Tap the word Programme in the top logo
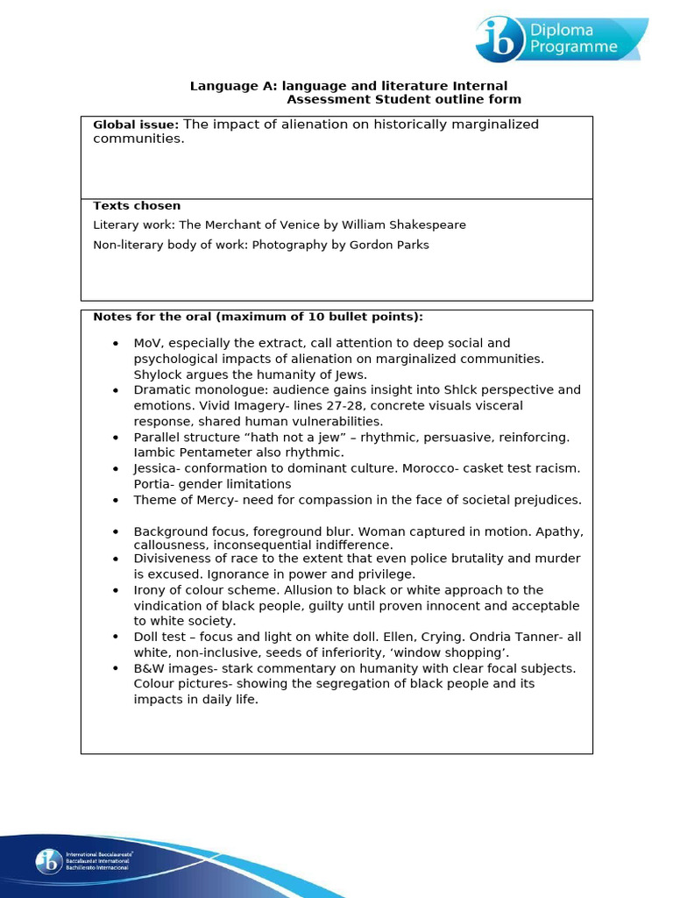pyautogui.click(x=573, y=47)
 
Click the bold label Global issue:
pyautogui.click(x=136, y=125)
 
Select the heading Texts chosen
pyautogui.click(x=137, y=206)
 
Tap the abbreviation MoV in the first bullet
pyautogui.click(x=147, y=343)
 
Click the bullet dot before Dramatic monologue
pyautogui.click(x=116, y=390)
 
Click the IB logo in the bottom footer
pyautogui.click(x=48, y=861)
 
